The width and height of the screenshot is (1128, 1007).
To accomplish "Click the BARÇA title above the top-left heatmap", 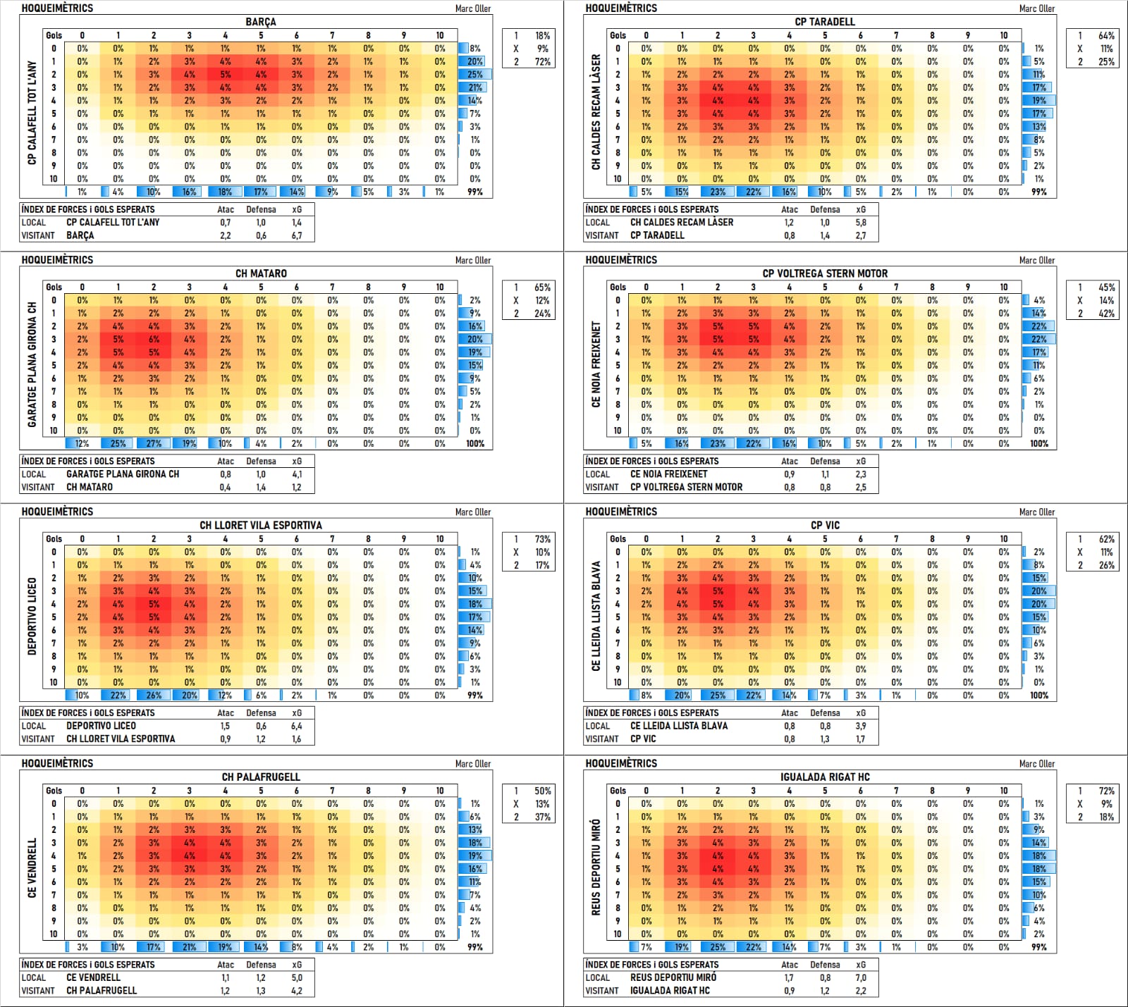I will click(x=261, y=22).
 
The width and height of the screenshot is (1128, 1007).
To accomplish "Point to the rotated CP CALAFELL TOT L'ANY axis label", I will click(x=32, y=113).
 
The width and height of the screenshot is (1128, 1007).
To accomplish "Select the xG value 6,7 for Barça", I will click(x=297, y=235).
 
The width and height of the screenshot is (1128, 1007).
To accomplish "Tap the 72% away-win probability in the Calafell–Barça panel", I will click(x=542, y=62).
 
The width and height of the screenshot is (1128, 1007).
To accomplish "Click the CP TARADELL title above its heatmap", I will click(x=825, y=22).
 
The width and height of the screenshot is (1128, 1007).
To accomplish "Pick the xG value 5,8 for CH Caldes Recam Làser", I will click(x=861, y=222).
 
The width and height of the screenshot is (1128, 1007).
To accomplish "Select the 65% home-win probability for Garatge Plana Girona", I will click(x=542, y=288).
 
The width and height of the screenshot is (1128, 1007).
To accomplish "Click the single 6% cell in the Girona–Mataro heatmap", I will click(x=154, y=339).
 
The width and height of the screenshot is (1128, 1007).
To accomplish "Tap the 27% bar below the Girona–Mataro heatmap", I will click(x=154, y=444).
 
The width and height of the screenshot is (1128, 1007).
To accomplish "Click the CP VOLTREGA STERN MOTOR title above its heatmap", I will click(x=825, y=273).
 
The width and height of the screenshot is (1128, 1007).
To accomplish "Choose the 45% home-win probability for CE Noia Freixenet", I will click(x=1106, y=288).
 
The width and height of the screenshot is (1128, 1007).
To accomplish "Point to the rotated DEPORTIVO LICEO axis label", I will click(x=32, y=617).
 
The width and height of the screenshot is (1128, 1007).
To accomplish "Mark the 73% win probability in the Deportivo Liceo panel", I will click(x=542, y=539).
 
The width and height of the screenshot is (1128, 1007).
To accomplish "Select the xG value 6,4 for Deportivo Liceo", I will click(x=297, y=726).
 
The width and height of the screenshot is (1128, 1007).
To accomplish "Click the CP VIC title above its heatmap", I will click(x=825, y=525).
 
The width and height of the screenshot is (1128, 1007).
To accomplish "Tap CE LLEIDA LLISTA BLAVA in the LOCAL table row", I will click(x=679, y=726).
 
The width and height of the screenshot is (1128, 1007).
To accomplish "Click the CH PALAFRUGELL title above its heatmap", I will click(x=261, y=777).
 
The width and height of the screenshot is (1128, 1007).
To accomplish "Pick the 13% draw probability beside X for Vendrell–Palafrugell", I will click(x=542, y=804).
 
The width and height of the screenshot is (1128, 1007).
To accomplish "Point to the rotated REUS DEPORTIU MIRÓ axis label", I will click(x=596, y=867).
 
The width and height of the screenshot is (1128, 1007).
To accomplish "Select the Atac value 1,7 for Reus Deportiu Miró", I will click(x=789, y=977).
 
